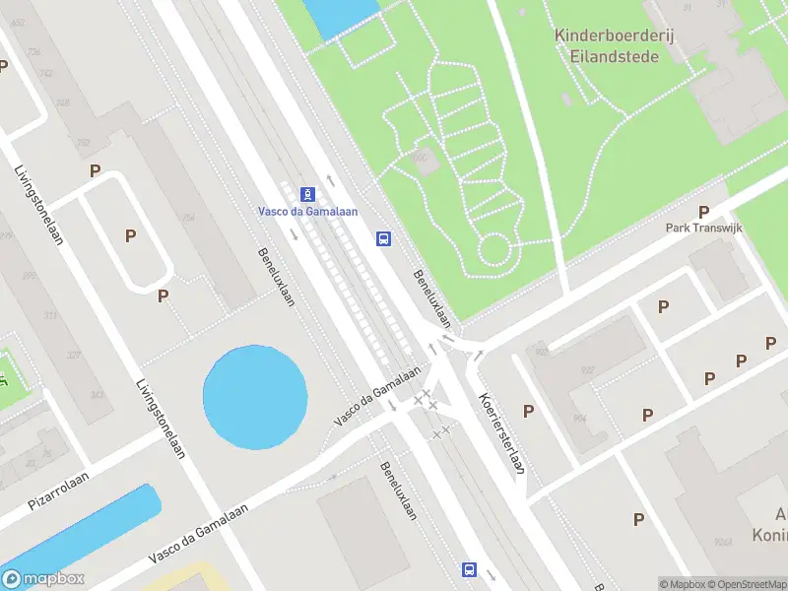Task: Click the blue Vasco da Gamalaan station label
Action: click(307, 211)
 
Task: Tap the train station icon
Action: click(307, 192)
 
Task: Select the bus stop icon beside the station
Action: click(383, 238)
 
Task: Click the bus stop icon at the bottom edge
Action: click(469, 569)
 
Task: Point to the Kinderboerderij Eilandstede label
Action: click(606, 45)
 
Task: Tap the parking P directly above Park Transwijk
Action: click(703, 212)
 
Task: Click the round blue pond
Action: click(254, 396)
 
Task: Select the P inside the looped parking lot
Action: click(129, 235)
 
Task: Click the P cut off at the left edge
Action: click(3, 66)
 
